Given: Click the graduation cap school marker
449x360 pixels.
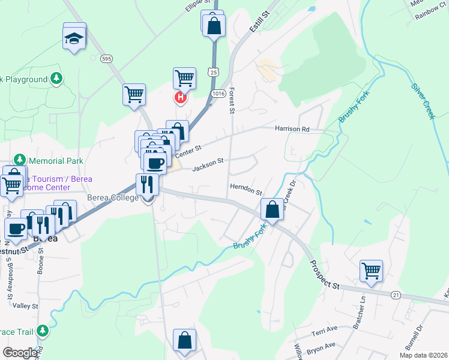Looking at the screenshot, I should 74,38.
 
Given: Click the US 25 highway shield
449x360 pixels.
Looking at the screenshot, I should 214,72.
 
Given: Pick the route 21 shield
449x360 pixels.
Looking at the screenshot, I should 396,295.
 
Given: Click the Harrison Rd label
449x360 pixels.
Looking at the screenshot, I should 292,129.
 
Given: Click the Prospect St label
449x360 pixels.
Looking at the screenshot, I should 325,275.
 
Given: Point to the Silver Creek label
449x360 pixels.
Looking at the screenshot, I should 422,100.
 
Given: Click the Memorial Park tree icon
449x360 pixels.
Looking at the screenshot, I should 20,160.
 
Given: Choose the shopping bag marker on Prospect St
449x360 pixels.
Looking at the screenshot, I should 273,210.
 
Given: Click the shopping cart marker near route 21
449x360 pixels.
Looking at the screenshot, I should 371,271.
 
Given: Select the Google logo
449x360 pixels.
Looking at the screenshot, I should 19,353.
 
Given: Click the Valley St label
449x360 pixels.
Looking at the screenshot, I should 25,305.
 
